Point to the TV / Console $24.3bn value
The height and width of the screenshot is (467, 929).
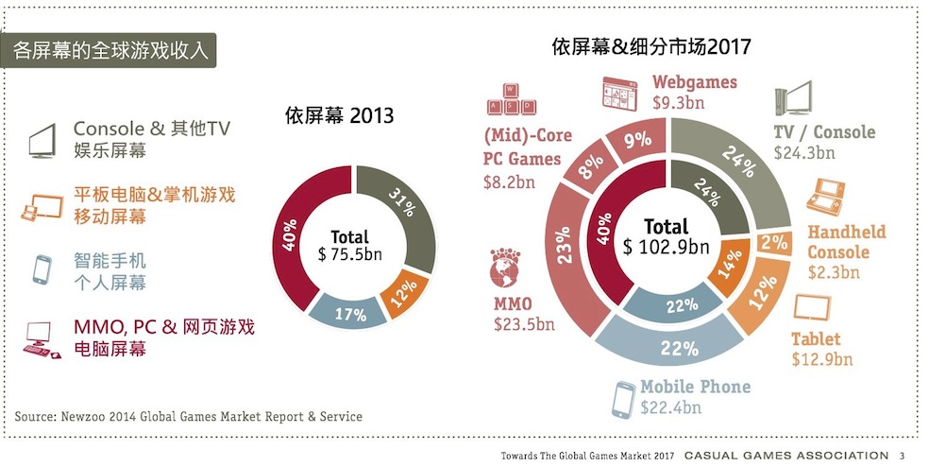tap(804, 152)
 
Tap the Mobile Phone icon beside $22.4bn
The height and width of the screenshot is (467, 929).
tap(621, 399)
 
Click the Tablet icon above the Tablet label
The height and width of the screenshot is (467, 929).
tap(811, 309)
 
